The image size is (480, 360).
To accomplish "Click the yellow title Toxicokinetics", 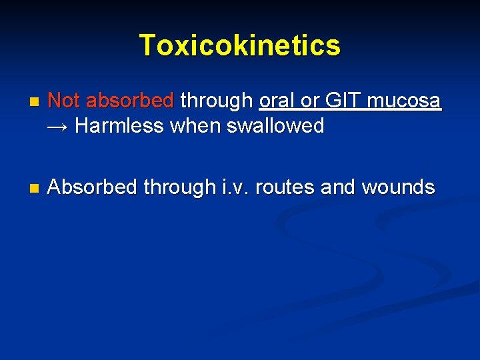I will tap(239, 45).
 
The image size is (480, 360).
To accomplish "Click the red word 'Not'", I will tap(65, 101).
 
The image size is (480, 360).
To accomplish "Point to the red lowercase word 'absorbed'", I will tap(130, 101).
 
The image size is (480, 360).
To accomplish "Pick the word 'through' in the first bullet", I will tap(217, 101).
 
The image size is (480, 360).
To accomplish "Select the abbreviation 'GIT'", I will tap(337, 101).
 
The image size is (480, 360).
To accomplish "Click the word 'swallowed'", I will tap(275, 125).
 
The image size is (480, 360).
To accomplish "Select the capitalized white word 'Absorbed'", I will tap(92, 187).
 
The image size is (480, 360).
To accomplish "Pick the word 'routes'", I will tap(287, 187).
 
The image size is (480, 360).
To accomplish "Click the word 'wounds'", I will tap(398, 187).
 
